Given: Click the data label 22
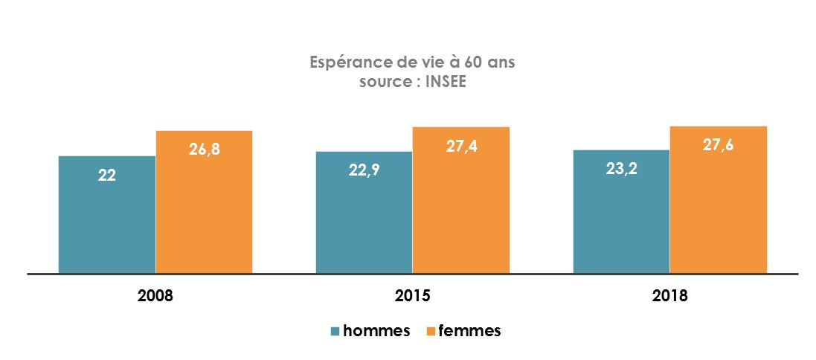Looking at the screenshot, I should (107, 176).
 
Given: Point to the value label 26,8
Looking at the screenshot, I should (204, 150).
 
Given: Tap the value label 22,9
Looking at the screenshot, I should (364, 170).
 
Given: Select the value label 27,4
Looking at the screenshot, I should (461, 147).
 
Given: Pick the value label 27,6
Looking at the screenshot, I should (718, 145).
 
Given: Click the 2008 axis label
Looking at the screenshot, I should (155, 296).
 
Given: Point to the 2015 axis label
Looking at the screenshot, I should (413, 296).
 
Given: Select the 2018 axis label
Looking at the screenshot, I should (669, 296).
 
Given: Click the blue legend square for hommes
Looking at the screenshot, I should (335, 332).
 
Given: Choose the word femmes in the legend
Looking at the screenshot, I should (469, 331).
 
